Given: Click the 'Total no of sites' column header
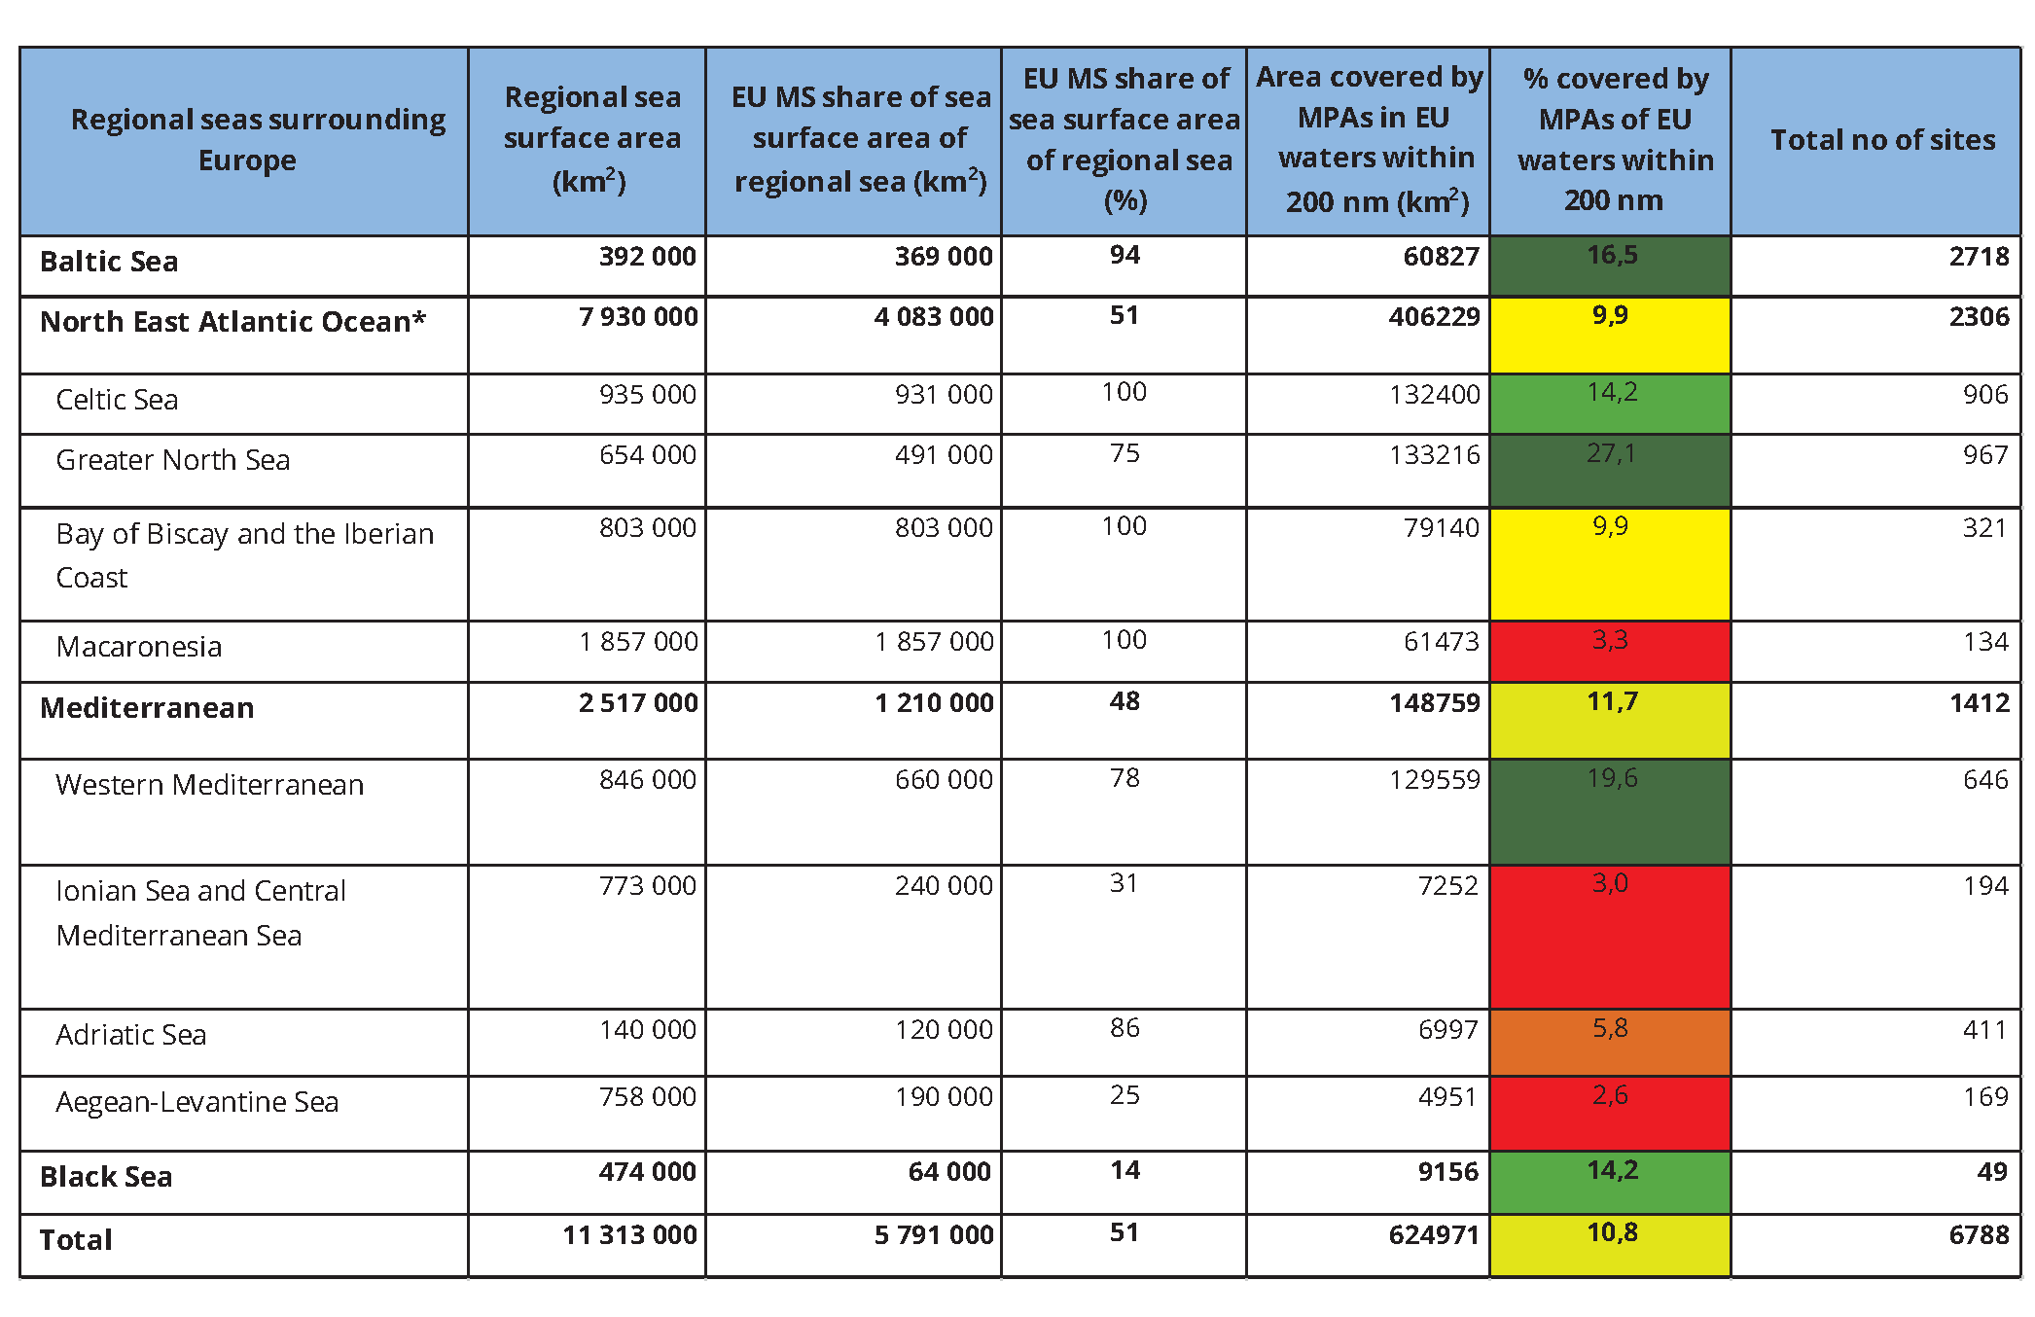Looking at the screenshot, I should click(1881, 140).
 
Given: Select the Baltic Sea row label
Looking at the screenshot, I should click(109, 262).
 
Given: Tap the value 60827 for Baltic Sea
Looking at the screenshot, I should click(1441, 257).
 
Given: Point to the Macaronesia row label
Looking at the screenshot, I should click(139, 647).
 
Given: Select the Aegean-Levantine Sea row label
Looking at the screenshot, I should click(197, 1102).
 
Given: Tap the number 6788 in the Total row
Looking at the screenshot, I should click(1979, 1235).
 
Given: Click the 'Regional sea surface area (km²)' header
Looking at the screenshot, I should click(591, 139).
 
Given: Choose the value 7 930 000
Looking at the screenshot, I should click(638, 317).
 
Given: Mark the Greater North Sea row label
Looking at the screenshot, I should click(173, 460).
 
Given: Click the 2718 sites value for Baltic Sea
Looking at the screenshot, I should click(1979, 257).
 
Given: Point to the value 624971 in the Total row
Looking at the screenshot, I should click(1434, 1235).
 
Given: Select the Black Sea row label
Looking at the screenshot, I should click(106, 1177).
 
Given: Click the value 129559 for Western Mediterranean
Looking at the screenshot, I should click(1434, 780).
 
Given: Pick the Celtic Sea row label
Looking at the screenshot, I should click(117, 400).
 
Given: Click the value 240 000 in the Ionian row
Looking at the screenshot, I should click(944, 886).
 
